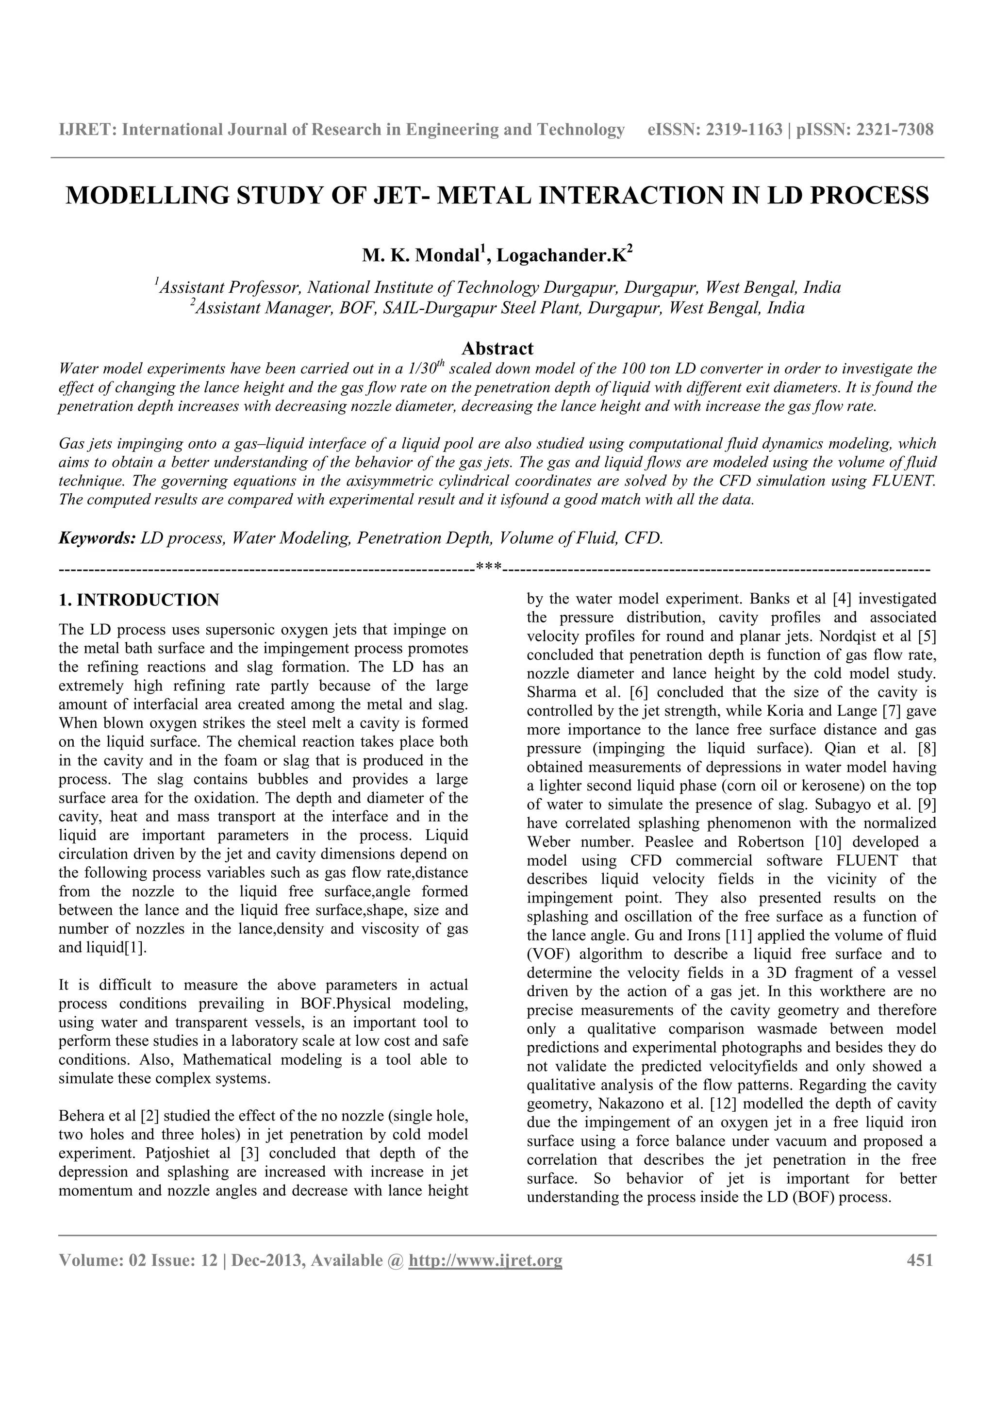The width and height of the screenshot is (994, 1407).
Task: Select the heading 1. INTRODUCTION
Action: pyautogui.click(x=138, y=600)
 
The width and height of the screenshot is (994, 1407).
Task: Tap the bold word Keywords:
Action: pyautogui.click(x=97, y=538)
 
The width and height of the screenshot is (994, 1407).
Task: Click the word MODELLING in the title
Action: pyautogui.click(x=146, y=196)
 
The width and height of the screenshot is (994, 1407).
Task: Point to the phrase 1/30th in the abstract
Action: pyautogui.click(x=425, y=368)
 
